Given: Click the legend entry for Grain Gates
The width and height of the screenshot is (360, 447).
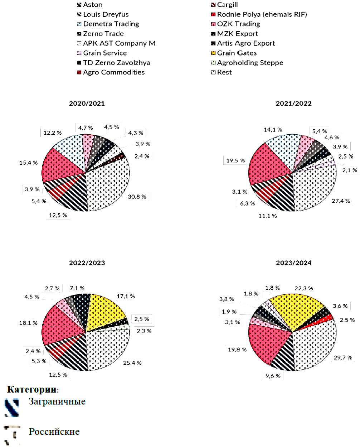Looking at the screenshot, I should pos(237,53).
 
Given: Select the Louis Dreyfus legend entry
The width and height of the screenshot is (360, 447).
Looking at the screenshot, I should pos(106,15).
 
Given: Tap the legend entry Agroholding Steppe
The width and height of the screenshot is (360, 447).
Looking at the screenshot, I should pos(250,63).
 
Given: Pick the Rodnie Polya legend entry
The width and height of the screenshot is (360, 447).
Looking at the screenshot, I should pos(262,15).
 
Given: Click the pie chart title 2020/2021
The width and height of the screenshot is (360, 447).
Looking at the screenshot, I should pos(87,104).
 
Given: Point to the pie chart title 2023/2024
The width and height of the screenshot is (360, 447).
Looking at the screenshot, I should pos(293,263).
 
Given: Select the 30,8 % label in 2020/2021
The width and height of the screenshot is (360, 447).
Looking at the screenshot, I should pos(137,197).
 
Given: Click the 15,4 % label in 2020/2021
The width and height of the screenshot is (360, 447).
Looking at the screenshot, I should pos(29,163).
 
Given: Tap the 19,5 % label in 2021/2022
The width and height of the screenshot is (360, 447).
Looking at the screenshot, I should pos(235,160).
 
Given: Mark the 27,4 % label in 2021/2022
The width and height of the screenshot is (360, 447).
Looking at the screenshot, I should pos(341,201).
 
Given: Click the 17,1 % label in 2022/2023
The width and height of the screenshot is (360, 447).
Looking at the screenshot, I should pos(126,296).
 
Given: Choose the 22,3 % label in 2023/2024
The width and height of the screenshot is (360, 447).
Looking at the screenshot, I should pos(304,288).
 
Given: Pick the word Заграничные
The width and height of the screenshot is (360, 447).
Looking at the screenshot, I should pos(57,401).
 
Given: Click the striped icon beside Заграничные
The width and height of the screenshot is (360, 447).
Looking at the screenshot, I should pos(12,408).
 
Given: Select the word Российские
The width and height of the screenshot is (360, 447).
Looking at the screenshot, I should pos(54,431).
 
